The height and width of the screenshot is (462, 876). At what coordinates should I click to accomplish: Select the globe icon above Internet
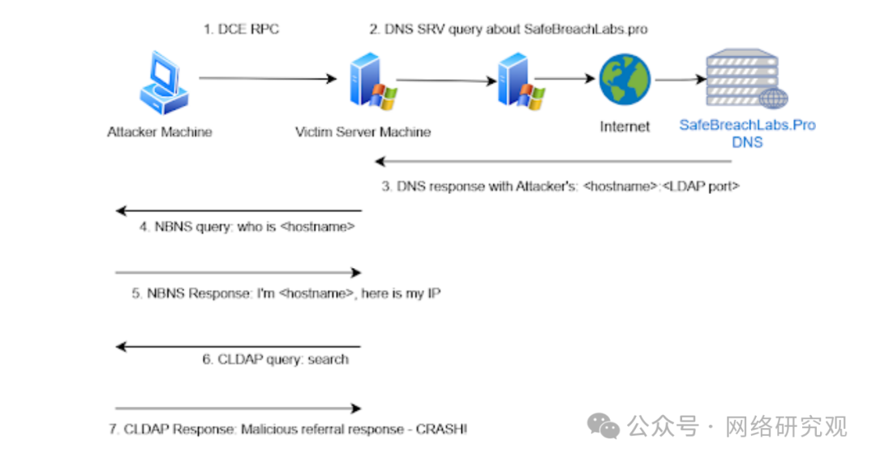(x=625, y=79)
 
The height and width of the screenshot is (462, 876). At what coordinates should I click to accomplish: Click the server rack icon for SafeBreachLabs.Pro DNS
(x=742, y=79)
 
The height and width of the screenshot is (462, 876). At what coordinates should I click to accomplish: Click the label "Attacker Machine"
(x=160, y=132)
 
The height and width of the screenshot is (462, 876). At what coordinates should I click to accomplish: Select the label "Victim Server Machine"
(x=363, y=132)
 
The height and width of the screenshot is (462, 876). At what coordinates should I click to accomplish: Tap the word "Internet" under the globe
(x=625, y=127)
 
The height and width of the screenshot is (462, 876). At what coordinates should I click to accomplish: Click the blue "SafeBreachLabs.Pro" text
(x=747, y=126)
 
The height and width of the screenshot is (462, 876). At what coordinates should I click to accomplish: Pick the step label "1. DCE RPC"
(x=241, y=30)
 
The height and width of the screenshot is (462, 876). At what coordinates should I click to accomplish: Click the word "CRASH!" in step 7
(x=441, y=429)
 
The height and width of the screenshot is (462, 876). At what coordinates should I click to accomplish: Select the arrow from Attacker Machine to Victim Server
(x=267, y=79)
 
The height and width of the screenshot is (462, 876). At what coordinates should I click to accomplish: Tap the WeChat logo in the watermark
(x=605, y=425)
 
